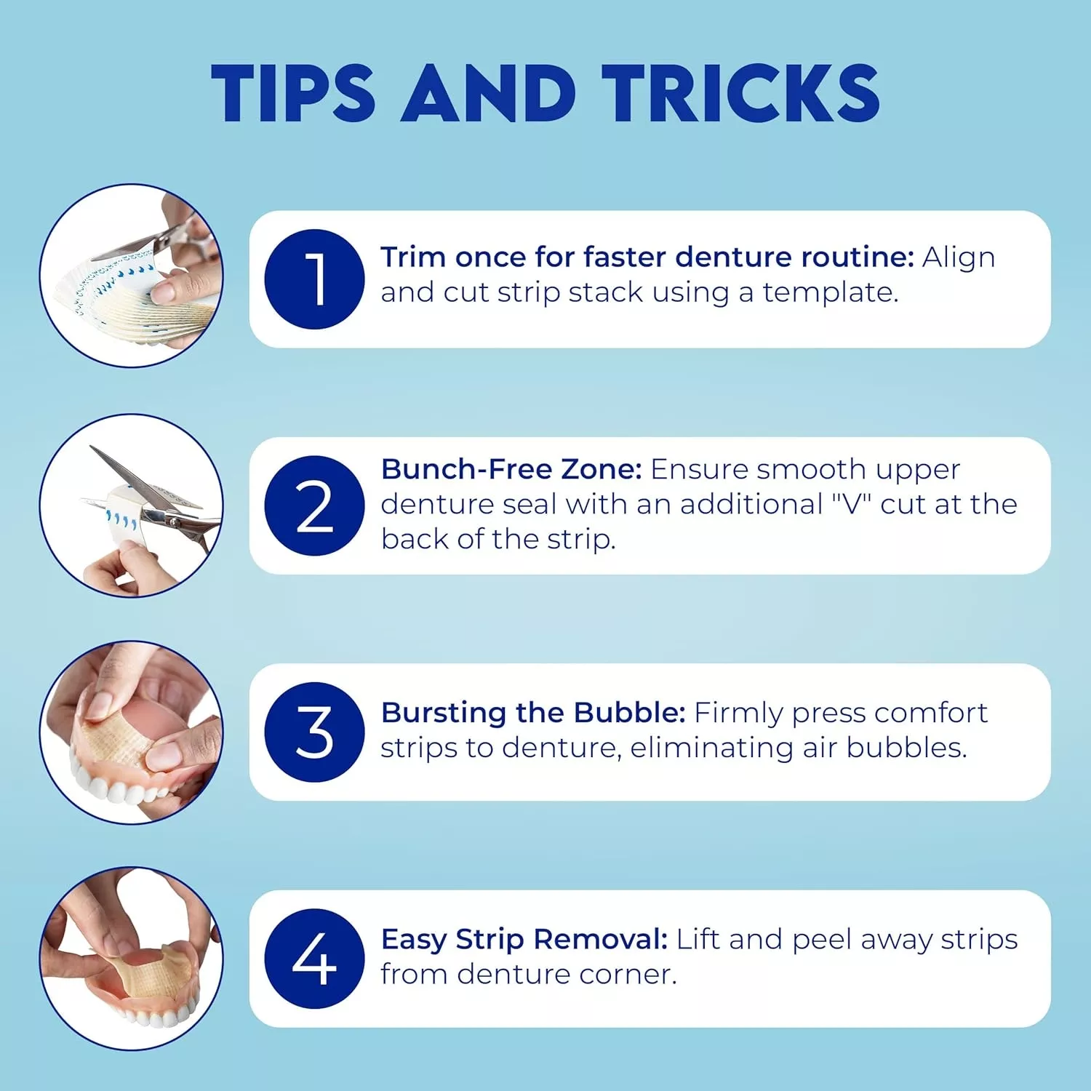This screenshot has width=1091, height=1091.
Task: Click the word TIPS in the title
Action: pos(292,93)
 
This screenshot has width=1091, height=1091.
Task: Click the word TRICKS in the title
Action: pos(740,93)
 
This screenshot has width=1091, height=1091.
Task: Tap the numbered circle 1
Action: pos(314,279)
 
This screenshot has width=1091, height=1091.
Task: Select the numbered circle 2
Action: pos(314,506)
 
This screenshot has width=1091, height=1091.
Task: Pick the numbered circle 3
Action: pos(314,732)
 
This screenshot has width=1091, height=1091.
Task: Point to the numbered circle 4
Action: pos(314,959)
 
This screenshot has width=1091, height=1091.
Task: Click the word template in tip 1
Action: pos(830,293)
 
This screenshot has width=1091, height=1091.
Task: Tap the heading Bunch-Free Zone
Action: pos(511,469)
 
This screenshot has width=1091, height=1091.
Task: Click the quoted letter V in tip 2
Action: pos(851,503)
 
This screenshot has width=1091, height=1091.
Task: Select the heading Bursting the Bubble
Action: pos(533,713)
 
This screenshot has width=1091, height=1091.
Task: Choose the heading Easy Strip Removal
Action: pos(524,940)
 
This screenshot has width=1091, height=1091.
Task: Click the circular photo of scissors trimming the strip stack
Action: pos(132,276)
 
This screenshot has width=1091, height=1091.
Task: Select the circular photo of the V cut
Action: pos(132,505)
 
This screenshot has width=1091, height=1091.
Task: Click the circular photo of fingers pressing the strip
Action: pos(132,732)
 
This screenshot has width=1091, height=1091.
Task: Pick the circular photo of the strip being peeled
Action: pos(132,959)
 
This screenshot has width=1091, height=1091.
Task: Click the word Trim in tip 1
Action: pos(414,257)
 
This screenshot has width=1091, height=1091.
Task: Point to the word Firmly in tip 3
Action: pos(739,714)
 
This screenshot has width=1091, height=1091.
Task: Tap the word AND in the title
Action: pos(488,93)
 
